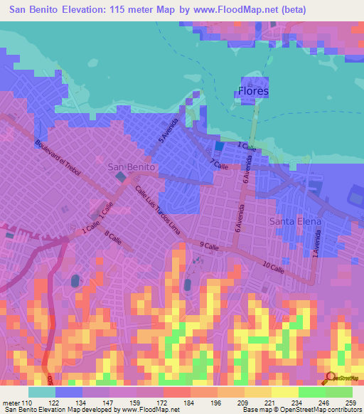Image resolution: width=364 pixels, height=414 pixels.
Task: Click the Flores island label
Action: tap(252, 91)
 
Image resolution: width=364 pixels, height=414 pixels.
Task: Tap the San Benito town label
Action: tap(132, 166)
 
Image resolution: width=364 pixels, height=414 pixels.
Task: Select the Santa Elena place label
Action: tap(295, 222)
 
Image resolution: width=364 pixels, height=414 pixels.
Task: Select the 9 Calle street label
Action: tap(208, 246)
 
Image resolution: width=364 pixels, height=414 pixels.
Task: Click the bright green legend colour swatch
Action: tap(338, 392)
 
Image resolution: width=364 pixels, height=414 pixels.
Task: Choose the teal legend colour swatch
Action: tap(42, 392)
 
